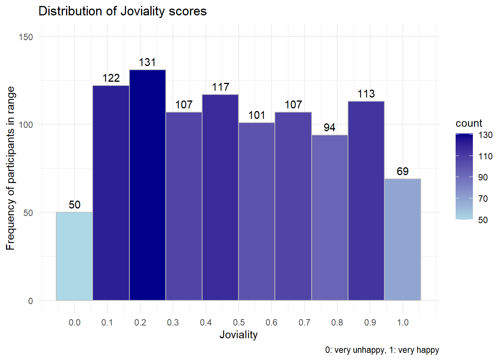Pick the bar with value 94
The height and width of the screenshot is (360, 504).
(x=330, y=217)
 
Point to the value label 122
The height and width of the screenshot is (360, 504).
(x=111, y=78)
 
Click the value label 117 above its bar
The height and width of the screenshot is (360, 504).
(x=220, y=87)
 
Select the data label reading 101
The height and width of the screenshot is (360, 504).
(x=257, y=115)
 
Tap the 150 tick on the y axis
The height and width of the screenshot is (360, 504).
(x=26, y=37)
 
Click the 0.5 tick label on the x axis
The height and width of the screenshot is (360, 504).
(x=238, y=322)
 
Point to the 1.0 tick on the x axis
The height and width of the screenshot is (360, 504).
(x=403, y=322)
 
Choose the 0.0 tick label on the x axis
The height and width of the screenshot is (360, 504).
(x=74, y=322)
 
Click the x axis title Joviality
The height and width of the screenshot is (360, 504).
(x=238, y=334)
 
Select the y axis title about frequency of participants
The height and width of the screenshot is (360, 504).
(x=10, y=168)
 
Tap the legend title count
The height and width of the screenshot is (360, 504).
(x=469, y=123)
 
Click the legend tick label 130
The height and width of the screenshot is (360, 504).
(x=485, y=135)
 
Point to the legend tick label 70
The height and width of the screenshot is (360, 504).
(x=483, y=199)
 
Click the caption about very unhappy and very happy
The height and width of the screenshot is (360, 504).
(x=382, y=350)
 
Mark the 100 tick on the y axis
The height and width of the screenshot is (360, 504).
(x=26, y=124)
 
